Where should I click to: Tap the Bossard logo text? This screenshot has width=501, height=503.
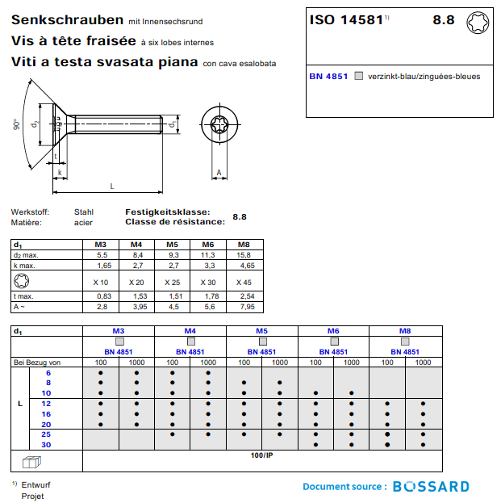point(431,487)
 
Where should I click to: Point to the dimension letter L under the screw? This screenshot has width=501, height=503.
point(111,187)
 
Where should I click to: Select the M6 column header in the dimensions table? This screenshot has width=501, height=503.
point(207,244)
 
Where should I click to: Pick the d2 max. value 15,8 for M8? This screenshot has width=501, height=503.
point(243,254)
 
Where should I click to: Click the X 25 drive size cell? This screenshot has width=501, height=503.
point(172,282)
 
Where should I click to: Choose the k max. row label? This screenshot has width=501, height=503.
point(24,265)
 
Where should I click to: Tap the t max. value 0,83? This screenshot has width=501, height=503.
point(102,297)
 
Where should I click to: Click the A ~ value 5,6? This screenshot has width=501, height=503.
point(207,307)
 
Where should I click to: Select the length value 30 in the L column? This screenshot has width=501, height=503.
point(46,445)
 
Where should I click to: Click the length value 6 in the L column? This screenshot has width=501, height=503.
point(48,373)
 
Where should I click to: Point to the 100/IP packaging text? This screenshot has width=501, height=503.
point(262,456)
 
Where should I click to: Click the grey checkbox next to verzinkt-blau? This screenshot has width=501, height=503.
point(359,77)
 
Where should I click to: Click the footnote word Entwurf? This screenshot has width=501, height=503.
point(34,484)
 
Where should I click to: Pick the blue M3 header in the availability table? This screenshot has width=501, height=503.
point(118,331)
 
